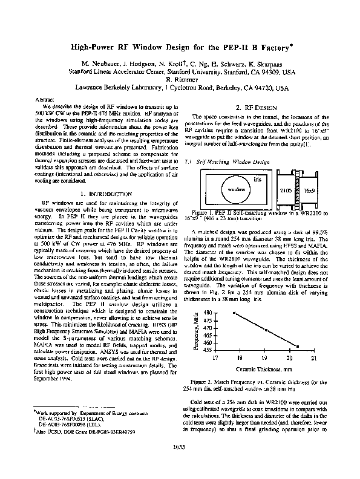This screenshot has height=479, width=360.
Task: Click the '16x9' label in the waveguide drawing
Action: pyautogui.click(x=309, y=190)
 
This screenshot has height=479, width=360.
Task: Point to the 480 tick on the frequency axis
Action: pyautogui.click(x=208, y=312)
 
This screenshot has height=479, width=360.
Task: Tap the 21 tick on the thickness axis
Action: pyautogui.click(x=313, y=358)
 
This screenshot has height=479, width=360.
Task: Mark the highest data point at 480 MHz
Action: pyautogui.click(x=234, y=313)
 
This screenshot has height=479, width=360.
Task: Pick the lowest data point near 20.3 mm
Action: pyautogui.click(x=297, y=347)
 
